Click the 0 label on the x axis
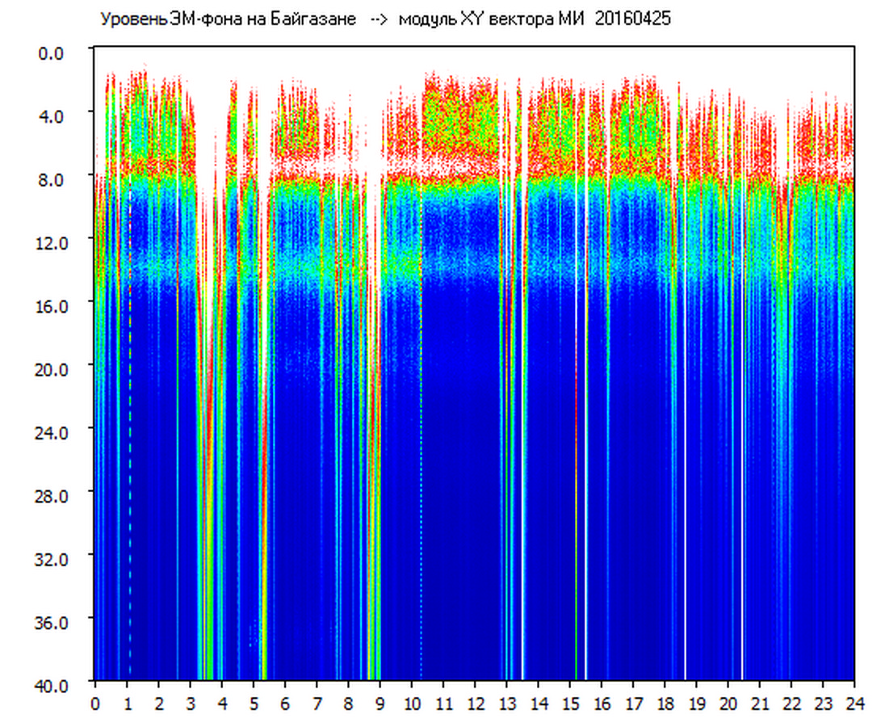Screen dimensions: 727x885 [95, 704]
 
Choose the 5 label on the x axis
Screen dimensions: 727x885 [254, 704]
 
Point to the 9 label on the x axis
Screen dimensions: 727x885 [380, 704]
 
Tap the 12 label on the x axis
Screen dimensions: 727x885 [475, 704]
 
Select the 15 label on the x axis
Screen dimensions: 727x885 [570, 704]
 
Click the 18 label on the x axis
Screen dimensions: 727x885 [665, 704]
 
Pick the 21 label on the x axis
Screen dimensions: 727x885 [760, 704]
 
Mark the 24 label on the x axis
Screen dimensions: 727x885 [854, 704]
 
